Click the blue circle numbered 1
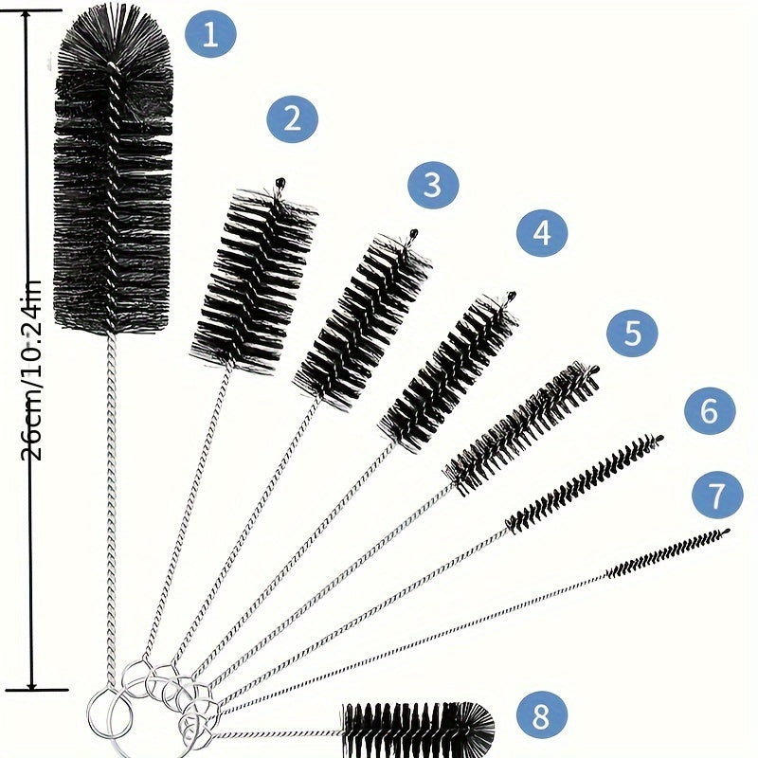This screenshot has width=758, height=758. pyautogui.click(x=209, y=35)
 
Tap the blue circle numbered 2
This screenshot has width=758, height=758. pyautogui.click(x=292, y=119)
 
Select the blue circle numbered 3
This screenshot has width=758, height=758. pyautogui.click(x=433, y=186)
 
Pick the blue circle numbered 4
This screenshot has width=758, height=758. pyautogui.click(x=541, y=233)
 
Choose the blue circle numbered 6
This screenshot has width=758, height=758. pyautogui.click(x=710, y=411)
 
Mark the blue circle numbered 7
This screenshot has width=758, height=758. pyautogui.click(x=717, y=494)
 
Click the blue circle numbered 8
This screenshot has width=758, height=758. pyautogui.click(x=541, y=716)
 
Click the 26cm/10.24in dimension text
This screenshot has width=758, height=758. pyautogui.click(x=31, y=370)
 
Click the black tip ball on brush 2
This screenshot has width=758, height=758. pyautogui.click(x=279, y=180)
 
